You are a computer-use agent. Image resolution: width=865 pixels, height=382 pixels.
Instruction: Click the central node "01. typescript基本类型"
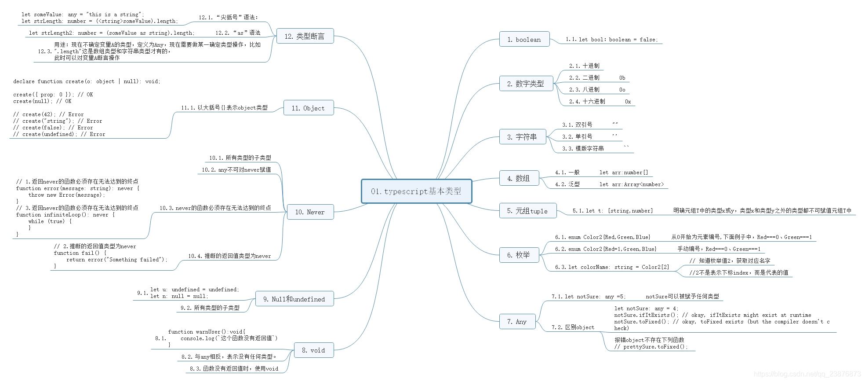416,191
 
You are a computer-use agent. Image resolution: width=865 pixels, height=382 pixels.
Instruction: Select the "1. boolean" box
524,39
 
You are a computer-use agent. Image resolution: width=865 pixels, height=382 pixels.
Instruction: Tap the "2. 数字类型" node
526,83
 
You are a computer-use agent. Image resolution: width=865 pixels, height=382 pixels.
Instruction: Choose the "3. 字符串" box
522,137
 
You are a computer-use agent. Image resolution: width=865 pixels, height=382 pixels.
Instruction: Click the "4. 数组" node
519,178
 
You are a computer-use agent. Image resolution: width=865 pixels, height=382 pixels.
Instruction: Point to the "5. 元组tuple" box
527,211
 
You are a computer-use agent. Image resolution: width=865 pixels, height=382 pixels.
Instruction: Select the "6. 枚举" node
519,255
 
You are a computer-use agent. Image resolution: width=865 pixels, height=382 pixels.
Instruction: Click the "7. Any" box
517,322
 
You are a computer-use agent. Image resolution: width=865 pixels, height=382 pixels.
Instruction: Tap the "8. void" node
313,350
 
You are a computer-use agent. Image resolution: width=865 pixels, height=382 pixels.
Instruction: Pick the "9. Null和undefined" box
294,299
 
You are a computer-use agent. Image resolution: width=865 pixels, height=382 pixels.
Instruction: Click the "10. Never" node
310,212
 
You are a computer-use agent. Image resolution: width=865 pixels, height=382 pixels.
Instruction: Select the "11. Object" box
308,108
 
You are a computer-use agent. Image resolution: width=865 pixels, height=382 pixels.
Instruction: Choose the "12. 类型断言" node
305,36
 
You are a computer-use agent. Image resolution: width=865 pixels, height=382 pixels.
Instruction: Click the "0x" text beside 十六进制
628,102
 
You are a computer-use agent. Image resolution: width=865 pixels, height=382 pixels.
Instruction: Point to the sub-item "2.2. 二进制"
584,78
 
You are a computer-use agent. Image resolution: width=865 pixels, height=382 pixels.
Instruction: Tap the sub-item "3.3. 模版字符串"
583,149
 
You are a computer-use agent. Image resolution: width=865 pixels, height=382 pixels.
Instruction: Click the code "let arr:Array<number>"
632,184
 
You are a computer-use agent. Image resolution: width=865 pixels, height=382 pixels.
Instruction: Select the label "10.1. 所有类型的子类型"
240,158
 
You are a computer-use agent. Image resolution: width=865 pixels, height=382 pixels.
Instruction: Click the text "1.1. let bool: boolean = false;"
611,40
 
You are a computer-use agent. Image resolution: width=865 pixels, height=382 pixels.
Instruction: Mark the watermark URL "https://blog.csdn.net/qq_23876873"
807,374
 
